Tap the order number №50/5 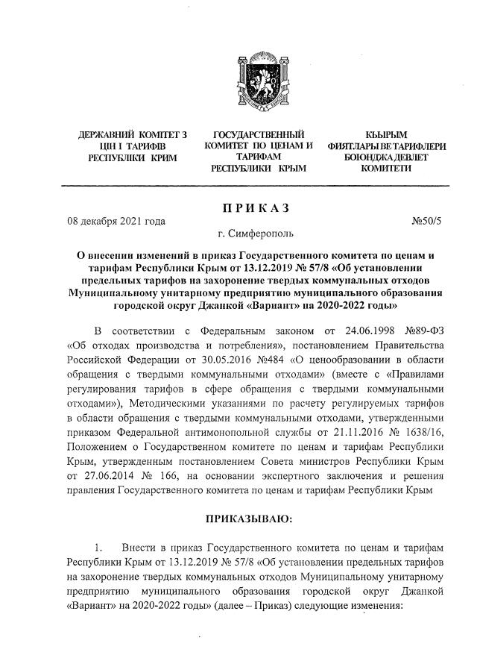pos(426,221)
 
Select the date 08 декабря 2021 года pos(116,221)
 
